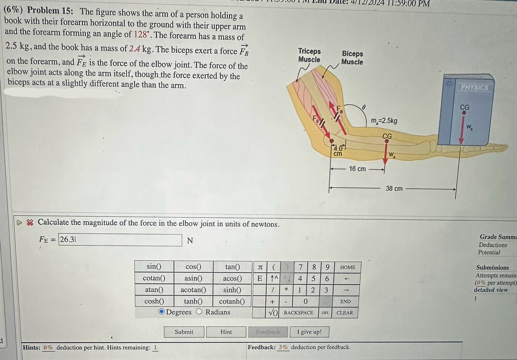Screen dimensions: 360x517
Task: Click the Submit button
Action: tap(184, 332)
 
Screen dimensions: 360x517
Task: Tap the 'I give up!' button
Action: tap(309, 332)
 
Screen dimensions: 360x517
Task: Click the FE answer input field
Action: tap(120, 240)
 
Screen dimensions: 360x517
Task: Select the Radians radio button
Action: tap(199, 312)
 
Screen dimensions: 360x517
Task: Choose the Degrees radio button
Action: tap(162, 312)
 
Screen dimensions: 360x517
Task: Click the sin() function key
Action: tap(154, 267)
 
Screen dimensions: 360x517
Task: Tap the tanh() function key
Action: tap(193, 301)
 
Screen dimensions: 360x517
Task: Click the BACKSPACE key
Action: tap(298, 313)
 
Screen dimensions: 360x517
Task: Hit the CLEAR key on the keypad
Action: tap(345, 313)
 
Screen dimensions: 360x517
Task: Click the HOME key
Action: tap(347, 267)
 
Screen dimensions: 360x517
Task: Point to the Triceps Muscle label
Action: tap(309, 55)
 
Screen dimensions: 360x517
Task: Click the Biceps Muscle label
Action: tap(352, 58)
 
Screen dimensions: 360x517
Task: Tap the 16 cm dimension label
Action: tap(357, 169)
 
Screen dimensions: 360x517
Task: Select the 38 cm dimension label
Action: tap(394, 188)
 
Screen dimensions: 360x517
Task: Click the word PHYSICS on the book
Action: tap(474, 87)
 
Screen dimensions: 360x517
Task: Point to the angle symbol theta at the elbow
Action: tap(363, 106)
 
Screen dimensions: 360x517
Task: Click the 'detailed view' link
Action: tap(490, 290)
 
